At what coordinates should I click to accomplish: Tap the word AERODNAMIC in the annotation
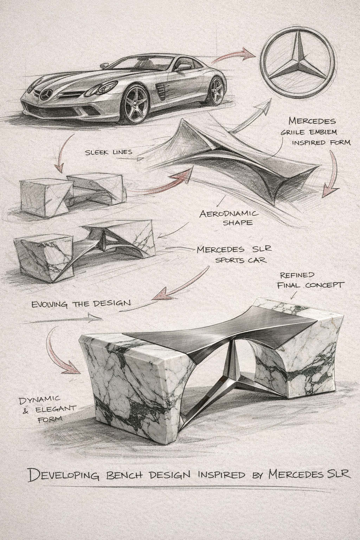point(229,214)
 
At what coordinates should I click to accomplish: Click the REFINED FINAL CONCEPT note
point(309,280)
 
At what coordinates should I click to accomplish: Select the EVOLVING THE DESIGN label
point(81,303)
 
